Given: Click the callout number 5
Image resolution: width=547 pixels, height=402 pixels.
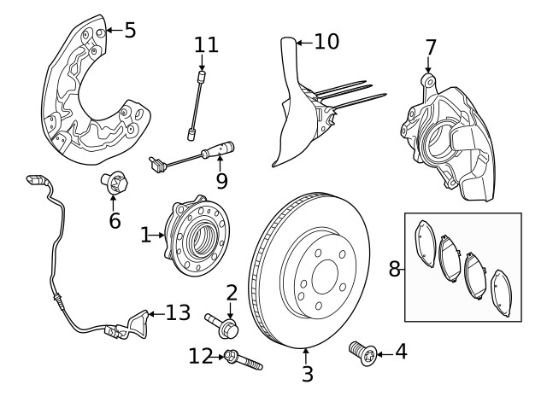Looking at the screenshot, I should [x=129, y=31].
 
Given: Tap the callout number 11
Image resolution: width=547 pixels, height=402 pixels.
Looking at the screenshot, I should [x=206, y=44].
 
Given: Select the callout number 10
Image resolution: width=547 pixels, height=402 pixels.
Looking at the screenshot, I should [x=326, y=40].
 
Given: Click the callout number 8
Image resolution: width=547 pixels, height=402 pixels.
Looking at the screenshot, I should [x=394, y=269].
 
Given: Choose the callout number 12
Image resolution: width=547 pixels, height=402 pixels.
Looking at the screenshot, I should [x=201, y=355].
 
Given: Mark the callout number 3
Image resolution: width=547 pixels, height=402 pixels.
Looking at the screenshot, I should [x=308, y=373].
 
